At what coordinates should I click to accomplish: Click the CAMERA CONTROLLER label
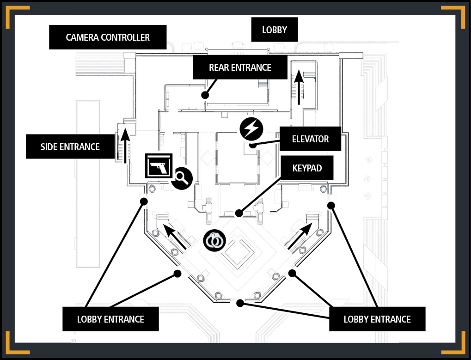pyautogui.click(x=108, y=37)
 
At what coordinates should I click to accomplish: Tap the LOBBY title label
pyautogui.click(x=275, y=30)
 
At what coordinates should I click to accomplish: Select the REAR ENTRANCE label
pyautogui.click(x=240, y=67)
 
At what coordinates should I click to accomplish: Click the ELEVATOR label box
pyautogui.click(x=310, y=139)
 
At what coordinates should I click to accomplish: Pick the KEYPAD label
pyautogui.click(x=307, y=168)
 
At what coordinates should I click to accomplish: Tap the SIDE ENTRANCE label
pyautogui.click(x=70, y=146)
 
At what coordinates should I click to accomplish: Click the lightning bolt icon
pyautogui.click(x=251, y=129)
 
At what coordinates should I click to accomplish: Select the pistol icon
pyautogui.click(x=159, y=166)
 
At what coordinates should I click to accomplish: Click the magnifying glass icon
pyautogui.click(x=182, y=178)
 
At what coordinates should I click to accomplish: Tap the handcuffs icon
pyautogui.click(x=214, y=240)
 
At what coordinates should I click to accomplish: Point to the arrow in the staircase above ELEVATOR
pyautogui.click(x=299, y=87)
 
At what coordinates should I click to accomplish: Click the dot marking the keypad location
pyautogui.click(x=239, y=214)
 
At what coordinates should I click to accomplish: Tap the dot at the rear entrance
pyautogui.click(x=205, y=95)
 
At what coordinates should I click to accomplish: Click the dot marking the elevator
pyautogui.click(x=253, y=146)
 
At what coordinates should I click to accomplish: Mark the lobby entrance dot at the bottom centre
pyautogui.click(x=240, y=303)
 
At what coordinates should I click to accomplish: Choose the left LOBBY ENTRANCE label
pyautogui.click(x=110, y=319)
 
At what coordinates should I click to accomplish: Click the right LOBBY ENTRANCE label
pyautogui.click(x=377, y=319)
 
